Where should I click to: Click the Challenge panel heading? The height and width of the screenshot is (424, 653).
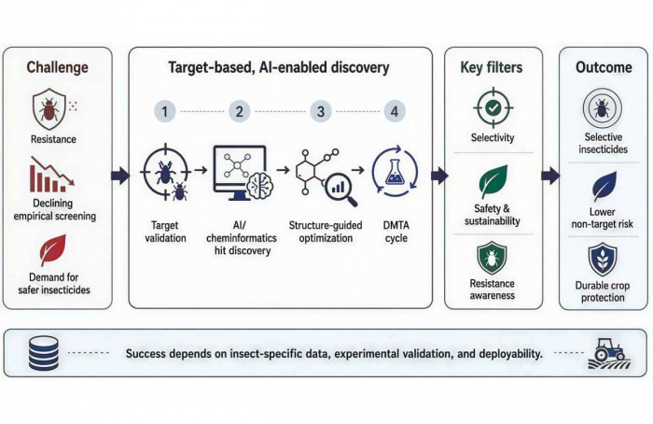[x=58, y=67]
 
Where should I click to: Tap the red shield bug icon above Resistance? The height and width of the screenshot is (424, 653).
[x=49, y=108]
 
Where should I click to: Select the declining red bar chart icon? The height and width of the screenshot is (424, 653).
[x=51, y=175]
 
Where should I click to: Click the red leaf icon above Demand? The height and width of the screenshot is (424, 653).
[x=53, y=249]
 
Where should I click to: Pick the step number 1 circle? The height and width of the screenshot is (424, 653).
[x=165, y=111]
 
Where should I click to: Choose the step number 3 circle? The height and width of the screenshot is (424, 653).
[x=321, y=111]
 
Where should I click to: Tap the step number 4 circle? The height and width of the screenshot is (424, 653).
[x=395, y=111]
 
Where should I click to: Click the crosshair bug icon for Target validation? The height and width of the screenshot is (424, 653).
[x=165, y=172]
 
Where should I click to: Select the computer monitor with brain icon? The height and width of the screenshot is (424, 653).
[x=243, y=173]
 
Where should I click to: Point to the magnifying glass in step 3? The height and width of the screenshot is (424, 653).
[x=341, y=190]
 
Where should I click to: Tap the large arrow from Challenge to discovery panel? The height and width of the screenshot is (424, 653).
[x=120, y=176]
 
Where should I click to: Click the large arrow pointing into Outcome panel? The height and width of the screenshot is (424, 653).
[x=550, y=176]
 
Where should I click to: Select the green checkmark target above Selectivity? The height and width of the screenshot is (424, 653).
[x=493, y=107]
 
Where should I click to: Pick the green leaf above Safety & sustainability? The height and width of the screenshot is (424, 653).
[x=493, y=181]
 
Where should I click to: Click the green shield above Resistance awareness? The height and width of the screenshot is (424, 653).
[x=492, y=259]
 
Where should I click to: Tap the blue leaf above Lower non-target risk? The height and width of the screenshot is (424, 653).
[x=604, y=186]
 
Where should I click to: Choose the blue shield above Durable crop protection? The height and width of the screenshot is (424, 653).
[x=603, y=261]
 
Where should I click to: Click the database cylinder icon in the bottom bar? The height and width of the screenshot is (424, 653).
[x=44, y=354]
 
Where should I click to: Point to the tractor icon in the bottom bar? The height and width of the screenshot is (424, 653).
[x=609, y=354]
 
